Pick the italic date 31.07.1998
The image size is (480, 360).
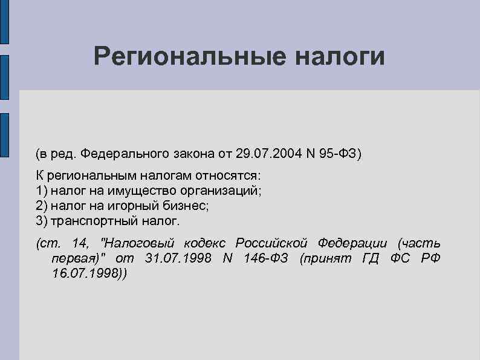178,258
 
